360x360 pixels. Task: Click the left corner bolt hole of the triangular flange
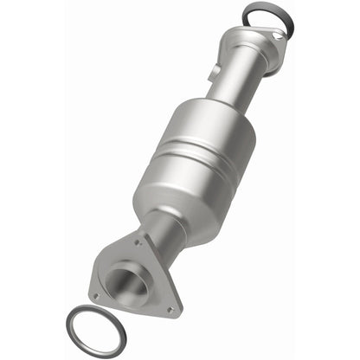97,296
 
